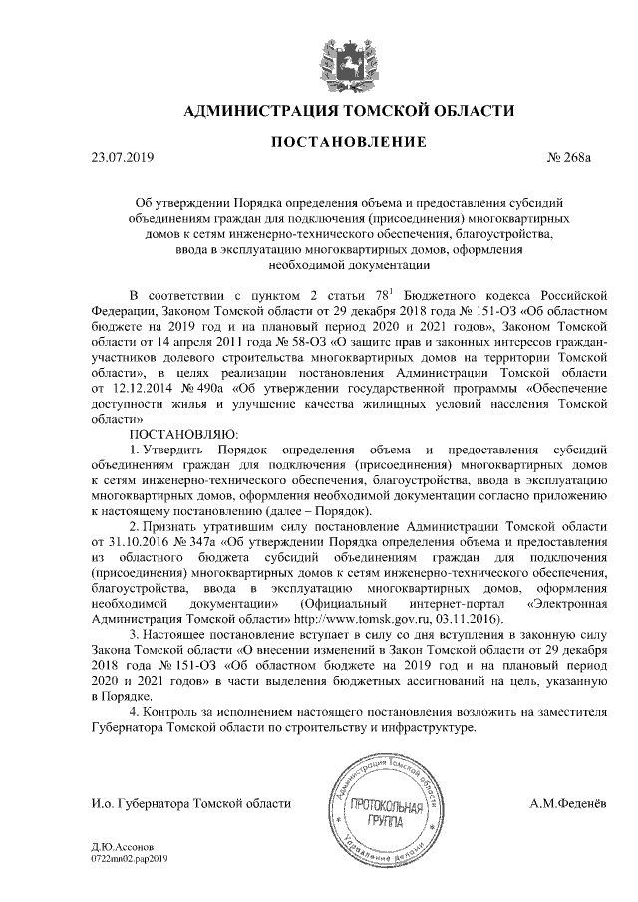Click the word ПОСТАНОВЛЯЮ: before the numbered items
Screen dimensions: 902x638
click(183, 435)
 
